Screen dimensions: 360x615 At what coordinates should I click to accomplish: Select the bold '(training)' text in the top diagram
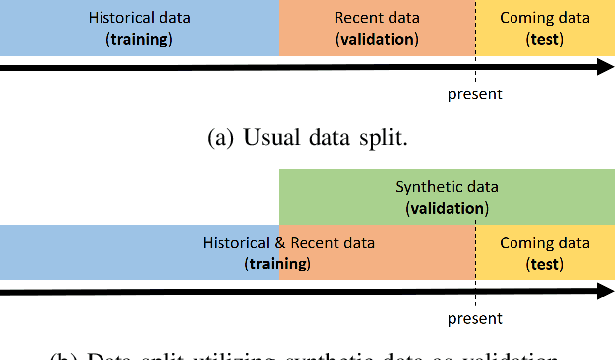click(139, 40)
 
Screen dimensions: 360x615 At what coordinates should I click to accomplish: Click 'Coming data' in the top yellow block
click(544, 18)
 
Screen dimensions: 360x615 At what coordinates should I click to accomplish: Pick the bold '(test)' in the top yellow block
click(544, 40)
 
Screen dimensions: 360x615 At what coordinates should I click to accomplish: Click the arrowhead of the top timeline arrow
click(604, 67)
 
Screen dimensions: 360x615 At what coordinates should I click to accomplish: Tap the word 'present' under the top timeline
click(476, 95)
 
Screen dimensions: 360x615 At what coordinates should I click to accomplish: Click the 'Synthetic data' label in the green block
click(447, 187)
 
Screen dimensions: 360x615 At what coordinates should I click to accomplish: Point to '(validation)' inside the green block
click(447, 209)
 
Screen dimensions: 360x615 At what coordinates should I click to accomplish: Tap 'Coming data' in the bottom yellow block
click(544, 243)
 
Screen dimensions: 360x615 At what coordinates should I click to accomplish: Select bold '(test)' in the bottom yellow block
click(544, 265)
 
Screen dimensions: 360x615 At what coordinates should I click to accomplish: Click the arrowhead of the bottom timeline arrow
click(604, 292)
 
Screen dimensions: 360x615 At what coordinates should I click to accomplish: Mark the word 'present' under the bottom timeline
click(476, 320)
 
